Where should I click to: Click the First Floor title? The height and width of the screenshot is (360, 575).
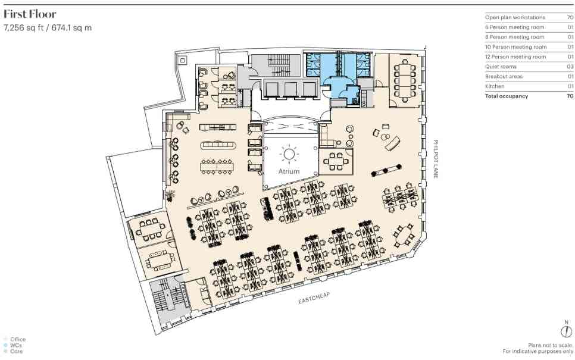[30, 14]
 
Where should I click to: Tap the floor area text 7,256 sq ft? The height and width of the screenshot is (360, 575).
[24, 28]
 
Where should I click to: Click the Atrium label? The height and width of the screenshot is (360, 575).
[289, 171]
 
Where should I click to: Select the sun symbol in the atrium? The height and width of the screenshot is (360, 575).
[289, 154]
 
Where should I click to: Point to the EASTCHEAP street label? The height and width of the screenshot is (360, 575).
[314, 298]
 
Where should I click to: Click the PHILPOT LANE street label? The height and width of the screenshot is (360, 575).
[436, 159]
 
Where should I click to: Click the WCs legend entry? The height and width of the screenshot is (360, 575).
[15, 345]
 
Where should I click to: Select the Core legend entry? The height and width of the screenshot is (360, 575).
[16, 351]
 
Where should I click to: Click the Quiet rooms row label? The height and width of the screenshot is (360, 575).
[501, 67]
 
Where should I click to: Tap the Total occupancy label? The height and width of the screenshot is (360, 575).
[507, 96]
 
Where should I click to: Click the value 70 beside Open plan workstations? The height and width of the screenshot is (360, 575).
[570, 17]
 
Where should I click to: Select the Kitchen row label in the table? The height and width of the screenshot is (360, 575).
[495, 86]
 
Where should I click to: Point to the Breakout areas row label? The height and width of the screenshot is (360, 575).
[504, 77]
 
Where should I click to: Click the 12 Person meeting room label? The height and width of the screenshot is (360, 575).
[515, 57]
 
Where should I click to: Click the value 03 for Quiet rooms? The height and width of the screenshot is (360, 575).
[570, 67]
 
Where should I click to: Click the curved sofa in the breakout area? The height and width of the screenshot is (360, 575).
[393, 143]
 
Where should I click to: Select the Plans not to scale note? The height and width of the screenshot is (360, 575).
[551, 345]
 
